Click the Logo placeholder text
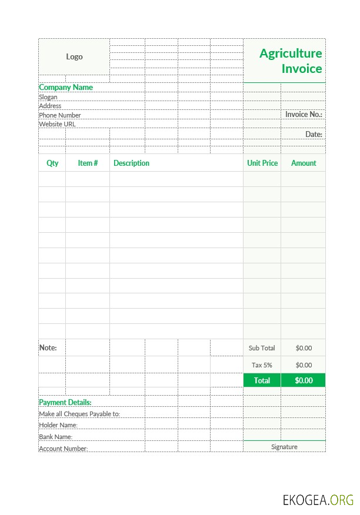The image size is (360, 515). click(x=74, y=56)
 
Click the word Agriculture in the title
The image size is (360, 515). click(x=291, y=53)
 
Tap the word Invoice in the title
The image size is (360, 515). click(x=302, y=69)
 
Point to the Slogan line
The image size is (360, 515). click(x=48, y=97)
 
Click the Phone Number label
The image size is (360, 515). click(x=60, y=115)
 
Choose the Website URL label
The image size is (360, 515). click(x=57, y=124)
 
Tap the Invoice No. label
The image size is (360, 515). click(x=304, y=114)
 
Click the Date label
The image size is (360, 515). click(x=314, y=134)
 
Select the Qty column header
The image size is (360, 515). click(x=52, y=163)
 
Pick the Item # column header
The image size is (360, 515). click(x=88, y=163)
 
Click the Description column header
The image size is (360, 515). click(x=131, y=163)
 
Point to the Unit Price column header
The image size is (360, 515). click(x=262, y=163)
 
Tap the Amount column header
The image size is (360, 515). click(x=304, y=163)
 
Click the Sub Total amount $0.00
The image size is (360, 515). click(x=304, y=348)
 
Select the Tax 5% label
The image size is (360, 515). click(x=262, y=365)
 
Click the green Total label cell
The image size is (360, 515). click(x=262, y=380)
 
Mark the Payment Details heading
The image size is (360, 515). click(x=65, y=402)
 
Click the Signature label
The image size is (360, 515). click(x=284, y=447)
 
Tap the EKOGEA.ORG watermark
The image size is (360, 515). click(x=318, y=500)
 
